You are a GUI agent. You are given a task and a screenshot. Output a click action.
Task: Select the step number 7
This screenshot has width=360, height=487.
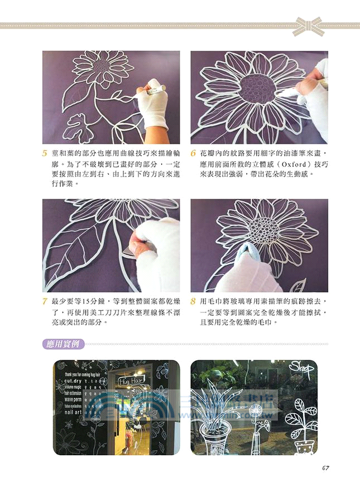coord(45,302)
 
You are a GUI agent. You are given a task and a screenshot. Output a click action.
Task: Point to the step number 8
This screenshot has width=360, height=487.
coord(193,302)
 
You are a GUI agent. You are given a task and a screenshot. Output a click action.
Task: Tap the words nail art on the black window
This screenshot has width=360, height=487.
coord(76,412)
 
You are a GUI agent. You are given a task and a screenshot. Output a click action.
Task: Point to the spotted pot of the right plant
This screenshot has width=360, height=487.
coord(303,446)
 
